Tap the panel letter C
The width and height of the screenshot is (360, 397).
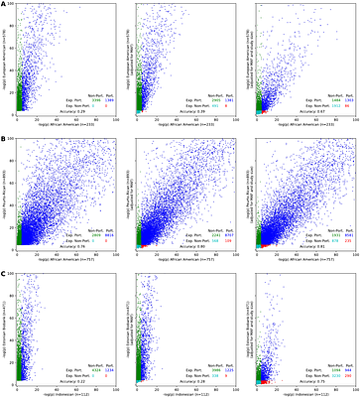click(x=5, y=271)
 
